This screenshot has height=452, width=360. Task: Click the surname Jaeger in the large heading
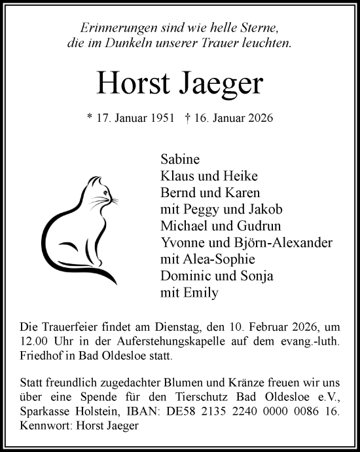coord(221,83)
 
